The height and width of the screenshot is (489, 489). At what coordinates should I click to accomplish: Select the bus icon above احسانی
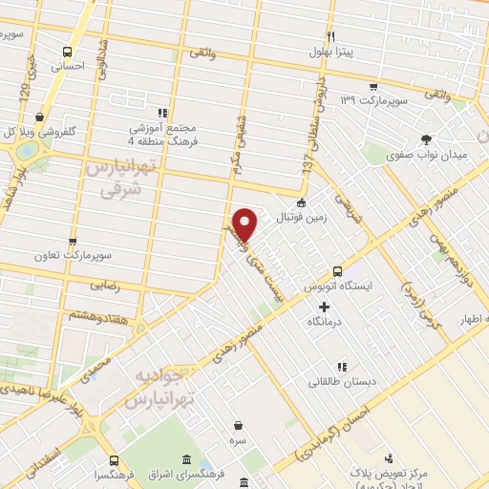click(67, 52)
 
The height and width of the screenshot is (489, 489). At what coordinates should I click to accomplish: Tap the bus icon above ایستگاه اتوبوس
click(336, 270)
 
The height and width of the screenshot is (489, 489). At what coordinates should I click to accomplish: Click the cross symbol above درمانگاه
click(324, 308)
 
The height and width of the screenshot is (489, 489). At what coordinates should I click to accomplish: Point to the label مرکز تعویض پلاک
click(386, 476)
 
